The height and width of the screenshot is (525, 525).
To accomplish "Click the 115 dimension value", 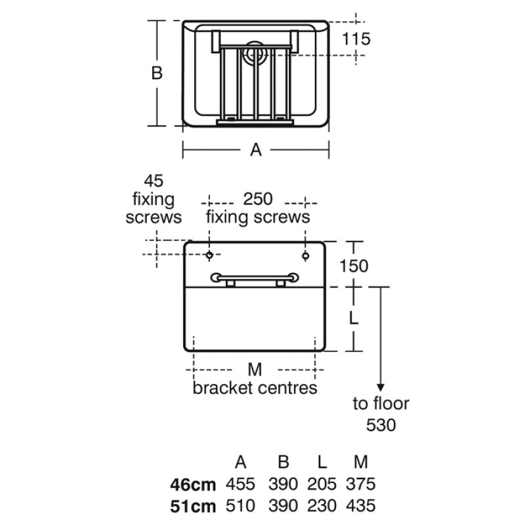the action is coord(356,39).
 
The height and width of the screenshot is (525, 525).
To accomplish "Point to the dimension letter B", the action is coord(157,73).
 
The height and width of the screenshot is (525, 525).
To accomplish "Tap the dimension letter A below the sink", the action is coord(256,150).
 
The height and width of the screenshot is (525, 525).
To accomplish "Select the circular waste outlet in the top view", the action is coord(255,53).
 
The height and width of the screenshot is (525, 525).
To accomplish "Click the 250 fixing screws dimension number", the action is coord(258,199).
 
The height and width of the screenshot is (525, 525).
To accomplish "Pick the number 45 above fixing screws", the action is coord(154,181).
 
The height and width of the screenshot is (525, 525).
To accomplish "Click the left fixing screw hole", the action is coord(209,255).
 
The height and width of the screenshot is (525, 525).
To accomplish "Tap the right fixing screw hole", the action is coord(305,256).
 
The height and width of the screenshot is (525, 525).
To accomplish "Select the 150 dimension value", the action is coord(354,266).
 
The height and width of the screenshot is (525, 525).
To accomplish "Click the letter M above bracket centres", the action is coord(255,369).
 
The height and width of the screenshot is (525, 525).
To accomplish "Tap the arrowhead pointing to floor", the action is coord(381,387).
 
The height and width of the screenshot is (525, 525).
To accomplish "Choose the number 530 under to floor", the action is coord(381,425).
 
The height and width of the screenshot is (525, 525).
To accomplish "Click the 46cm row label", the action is coord(193,485).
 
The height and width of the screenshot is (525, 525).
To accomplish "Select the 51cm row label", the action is coord(193,507).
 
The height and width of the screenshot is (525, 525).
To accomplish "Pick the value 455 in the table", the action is coord(240,484).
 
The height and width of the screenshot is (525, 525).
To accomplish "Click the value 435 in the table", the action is coord(360,505).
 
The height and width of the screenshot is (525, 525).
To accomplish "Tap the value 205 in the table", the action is coord(322,484).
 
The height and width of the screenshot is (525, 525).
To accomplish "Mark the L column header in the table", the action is coord(322,463).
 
